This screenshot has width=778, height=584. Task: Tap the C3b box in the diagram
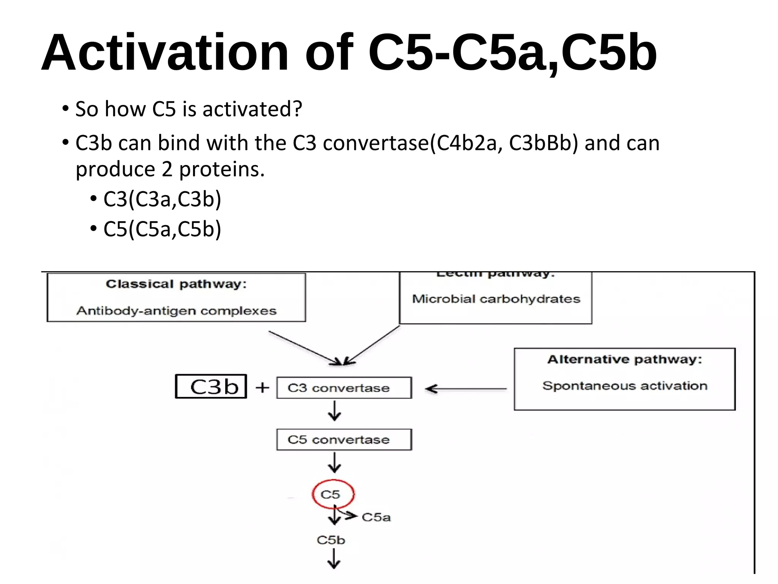click(x=211, y=387)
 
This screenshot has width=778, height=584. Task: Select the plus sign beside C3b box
click(x=262, y=388)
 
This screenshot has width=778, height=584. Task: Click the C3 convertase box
click(x=343, y=388)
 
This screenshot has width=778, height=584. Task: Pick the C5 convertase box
click(x=343, y=440)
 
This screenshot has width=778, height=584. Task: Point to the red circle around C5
click(x=333, y=494)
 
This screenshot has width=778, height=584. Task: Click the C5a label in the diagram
click(x=376, y=517)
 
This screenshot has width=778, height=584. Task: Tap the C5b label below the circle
click(x=331, y=540)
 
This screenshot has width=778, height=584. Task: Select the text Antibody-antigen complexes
click(x=176, y=311)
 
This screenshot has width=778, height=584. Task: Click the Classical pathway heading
click(x=176, y=284)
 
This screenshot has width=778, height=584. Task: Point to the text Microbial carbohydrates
click(x=496, y=299)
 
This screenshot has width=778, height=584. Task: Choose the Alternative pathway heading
click(x=625, y=359)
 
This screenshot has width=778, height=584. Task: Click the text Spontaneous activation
click(x=625, y=386)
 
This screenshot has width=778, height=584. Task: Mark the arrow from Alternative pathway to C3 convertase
click(x=465, y=389)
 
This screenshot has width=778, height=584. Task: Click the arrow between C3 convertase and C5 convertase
click(x=334, y=411)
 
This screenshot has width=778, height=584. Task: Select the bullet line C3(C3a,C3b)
click(x=162, y=199)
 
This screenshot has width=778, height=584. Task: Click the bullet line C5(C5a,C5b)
click(x=162, y=229)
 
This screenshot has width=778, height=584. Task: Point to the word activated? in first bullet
click(x=252, y=109)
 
